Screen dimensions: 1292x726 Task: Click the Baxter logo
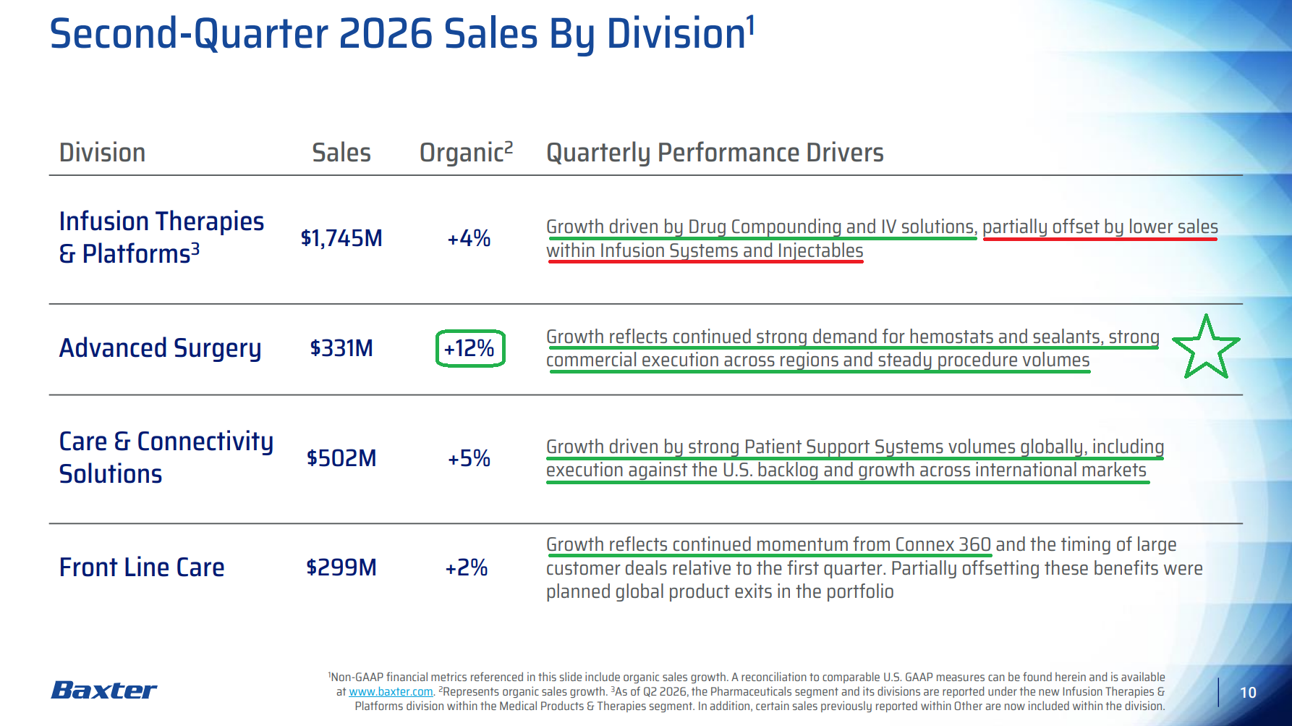point(104,690)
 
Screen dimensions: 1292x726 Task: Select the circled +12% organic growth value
point(469,348)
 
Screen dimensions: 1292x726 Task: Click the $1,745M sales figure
point(341,237)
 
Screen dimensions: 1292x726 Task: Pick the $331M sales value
point(341,348)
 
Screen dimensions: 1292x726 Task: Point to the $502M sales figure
point(341,458)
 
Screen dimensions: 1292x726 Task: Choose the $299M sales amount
point(341,567)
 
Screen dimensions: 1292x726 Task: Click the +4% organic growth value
point(469,238)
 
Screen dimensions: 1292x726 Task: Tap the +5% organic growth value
point(469,458)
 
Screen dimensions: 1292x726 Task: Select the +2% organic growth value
point(467,567)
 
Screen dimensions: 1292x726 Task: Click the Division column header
point(102,153)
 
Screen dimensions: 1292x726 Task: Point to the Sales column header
point(341,153)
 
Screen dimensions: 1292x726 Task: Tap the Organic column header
point(467,152)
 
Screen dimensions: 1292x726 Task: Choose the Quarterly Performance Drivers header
point(715,153)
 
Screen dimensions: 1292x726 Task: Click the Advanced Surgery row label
point(160,348)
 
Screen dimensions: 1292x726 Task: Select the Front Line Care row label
point(142,567)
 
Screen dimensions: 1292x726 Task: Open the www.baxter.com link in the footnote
point(391,692)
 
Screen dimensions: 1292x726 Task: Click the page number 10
point(1248,693)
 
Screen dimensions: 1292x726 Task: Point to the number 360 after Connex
point(974,544)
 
